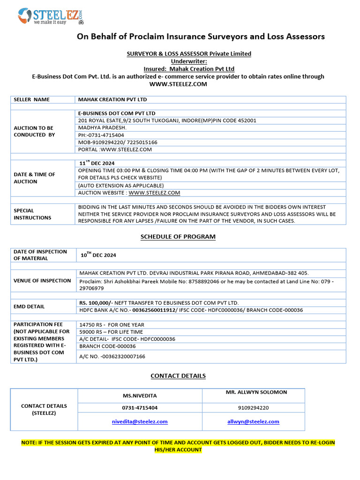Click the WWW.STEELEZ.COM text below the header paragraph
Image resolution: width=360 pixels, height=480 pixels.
[178, 84]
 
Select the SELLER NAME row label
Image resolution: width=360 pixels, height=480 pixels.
[31, 99]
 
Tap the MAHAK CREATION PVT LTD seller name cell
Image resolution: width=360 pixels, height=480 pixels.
[112, 99]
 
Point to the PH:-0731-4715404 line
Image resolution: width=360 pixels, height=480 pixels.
[101, 135]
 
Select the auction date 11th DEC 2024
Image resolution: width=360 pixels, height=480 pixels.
[97, 163]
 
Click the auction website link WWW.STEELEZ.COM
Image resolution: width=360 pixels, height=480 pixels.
[154, 193]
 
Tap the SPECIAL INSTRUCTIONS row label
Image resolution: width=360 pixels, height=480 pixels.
[32, 214]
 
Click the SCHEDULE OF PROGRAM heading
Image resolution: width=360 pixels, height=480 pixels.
[178, 237]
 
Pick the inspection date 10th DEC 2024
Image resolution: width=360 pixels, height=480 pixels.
[98, 255]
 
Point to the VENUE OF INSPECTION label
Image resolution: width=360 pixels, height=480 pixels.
[42, 280]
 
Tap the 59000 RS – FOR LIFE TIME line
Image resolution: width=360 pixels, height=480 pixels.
[112, 332]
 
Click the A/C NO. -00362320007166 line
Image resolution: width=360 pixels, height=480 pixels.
[112, 356]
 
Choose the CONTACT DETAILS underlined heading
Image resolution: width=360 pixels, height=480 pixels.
[178, 375]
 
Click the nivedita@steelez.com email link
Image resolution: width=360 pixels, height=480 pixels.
[140, 421]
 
